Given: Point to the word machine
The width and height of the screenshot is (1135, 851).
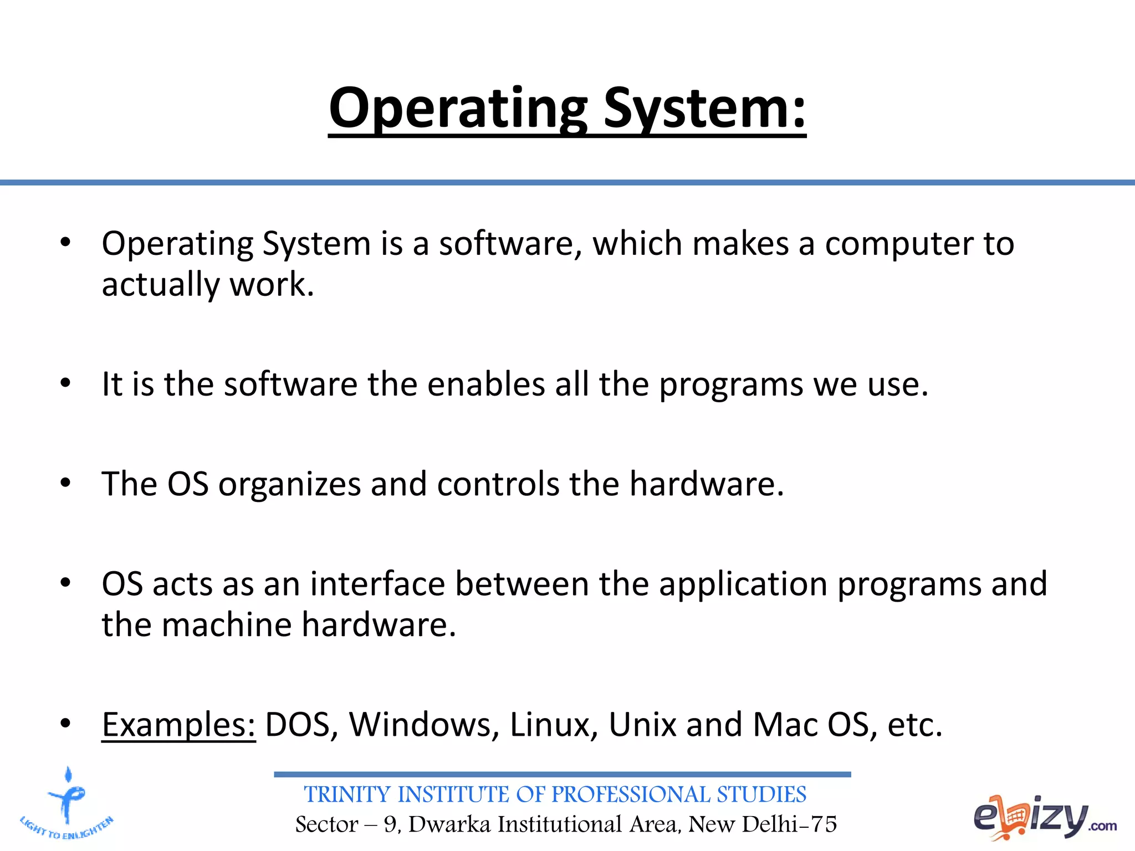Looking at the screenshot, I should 227,625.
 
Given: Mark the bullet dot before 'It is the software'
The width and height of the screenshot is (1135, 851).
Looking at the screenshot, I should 66,383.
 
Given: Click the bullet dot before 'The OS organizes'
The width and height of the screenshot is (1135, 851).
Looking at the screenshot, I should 66,483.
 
